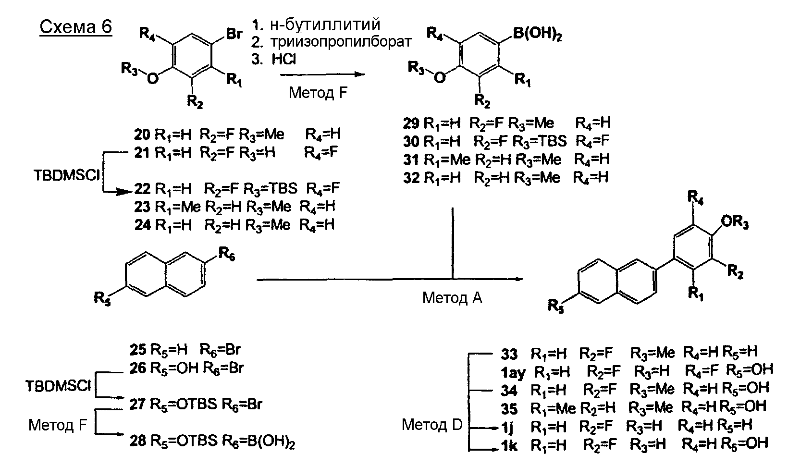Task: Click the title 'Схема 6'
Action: tap(75, 27)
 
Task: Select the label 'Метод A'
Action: tap(452, 298)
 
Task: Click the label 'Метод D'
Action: tap(432, 424)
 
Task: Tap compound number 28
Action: tap(138, 441)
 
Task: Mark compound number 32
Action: tap(411, 177)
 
